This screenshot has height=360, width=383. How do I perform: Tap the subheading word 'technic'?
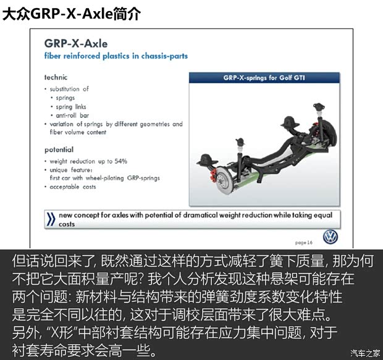[x=56, y=77]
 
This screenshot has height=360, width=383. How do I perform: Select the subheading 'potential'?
[x=59, y=149]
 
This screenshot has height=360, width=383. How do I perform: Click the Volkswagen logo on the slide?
[x=331, y=237]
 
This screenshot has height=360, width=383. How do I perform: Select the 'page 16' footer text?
[x=305, y=243]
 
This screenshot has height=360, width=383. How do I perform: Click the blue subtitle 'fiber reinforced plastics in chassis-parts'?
[x=116, y=56]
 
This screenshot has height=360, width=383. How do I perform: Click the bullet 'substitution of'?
[x=69, y=89]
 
